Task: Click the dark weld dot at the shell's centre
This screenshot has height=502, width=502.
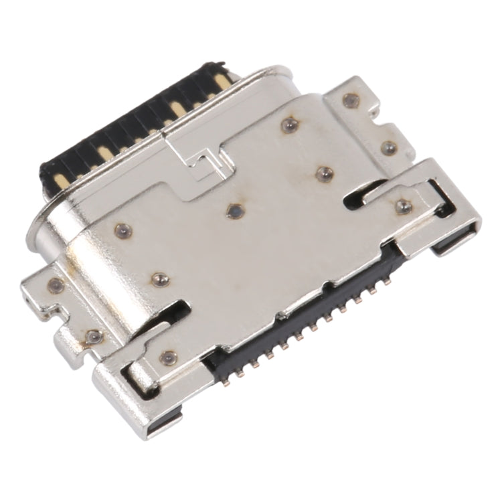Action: coord(234,212)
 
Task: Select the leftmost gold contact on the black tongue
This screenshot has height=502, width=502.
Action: coord(59,178)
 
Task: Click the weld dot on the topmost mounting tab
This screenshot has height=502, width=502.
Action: coord(347,100)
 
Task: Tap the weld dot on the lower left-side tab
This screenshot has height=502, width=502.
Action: coord(92,336)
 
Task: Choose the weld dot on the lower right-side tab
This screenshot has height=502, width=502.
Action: coord(386,146)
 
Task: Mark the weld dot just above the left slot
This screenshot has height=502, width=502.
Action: coord(159,279)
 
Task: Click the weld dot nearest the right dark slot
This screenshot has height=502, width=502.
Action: coord(323,173)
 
